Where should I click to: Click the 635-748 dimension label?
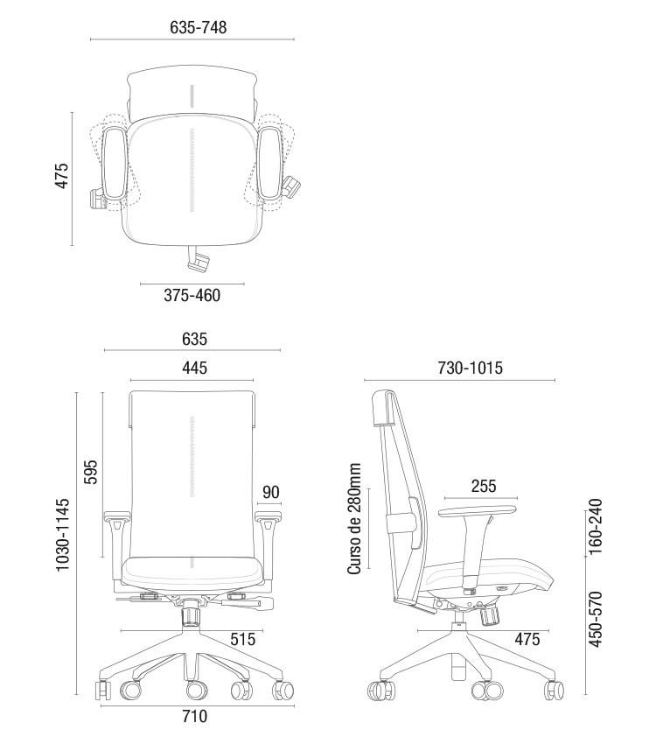[199, 27]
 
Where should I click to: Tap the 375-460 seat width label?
[192, 295]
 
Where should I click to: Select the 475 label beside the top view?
[62, 176]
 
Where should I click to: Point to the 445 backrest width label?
[194, 368]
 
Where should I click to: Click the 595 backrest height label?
[90, 471]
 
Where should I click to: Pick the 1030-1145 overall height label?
[63, 535]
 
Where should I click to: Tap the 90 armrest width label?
[270, 492]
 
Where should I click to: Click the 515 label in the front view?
[242, 639]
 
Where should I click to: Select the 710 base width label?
[195, 716]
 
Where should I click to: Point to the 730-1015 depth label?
[470, 368]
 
